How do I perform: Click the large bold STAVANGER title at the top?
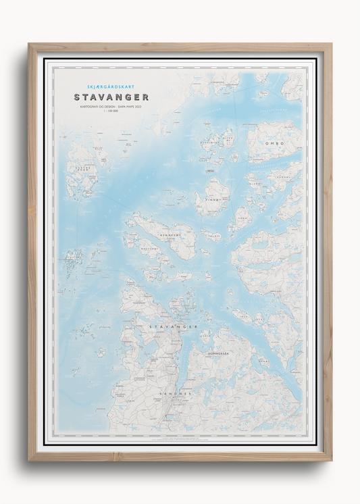tap(111, 97)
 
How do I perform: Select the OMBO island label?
tap(275, 144)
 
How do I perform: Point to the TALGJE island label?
tap(215, 237)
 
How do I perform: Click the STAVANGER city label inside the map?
tap(173, 326)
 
